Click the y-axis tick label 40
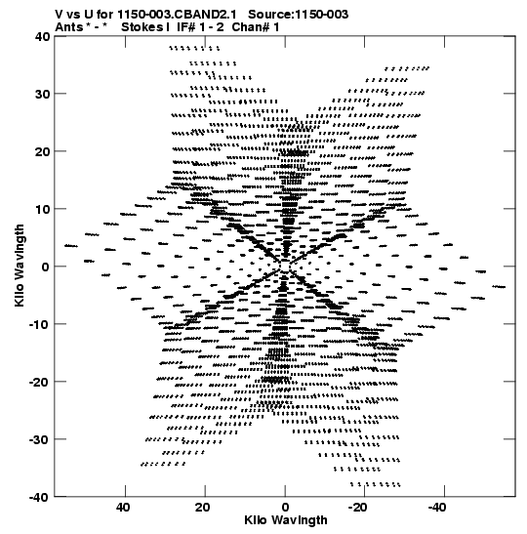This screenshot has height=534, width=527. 42,36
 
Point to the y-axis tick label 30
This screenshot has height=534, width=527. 42,94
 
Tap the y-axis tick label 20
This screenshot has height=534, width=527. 42,151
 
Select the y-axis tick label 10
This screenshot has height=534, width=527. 42,209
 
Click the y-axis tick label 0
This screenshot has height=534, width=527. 46,267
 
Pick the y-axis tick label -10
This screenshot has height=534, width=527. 39,324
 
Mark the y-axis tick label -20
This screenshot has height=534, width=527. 39,382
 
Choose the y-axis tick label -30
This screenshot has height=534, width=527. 39,439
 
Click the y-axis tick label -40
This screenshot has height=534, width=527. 39,497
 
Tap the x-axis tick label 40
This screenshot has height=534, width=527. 123,508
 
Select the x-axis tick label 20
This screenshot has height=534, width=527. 203,508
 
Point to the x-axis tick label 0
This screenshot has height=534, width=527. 285,508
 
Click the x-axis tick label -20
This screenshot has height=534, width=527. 358,508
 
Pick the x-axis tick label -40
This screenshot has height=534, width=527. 437,508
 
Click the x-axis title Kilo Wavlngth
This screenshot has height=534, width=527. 286,520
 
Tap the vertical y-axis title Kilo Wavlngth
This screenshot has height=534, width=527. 20,266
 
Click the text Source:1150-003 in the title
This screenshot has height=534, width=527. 299,15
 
